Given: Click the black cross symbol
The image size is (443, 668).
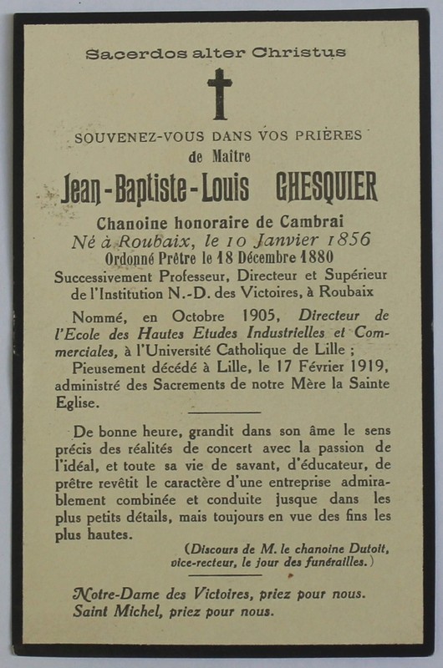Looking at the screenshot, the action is [x=220, y=93].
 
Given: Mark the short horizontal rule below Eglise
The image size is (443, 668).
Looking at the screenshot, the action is [x=223, y=412].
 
